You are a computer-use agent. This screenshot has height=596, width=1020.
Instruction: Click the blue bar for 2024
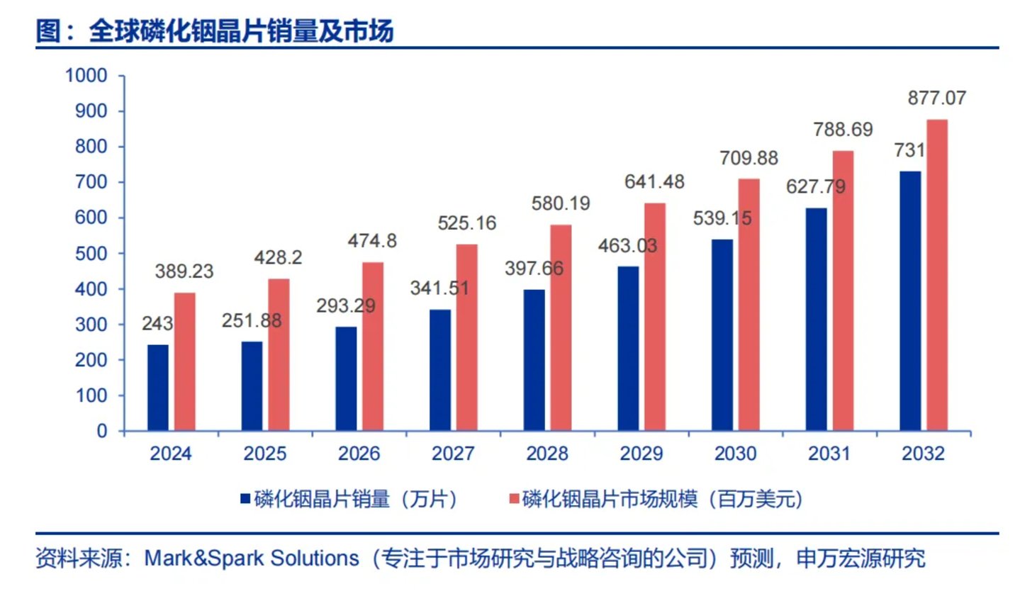(158, 388)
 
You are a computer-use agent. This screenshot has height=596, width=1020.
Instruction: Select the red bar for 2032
(937, 275)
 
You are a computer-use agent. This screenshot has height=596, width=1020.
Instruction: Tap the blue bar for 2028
(534, 360)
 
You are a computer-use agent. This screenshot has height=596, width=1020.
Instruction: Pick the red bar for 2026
(373, 347)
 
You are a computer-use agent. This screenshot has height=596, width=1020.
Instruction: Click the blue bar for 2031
(817, 319)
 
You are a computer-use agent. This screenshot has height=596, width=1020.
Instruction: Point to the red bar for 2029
(655, 317)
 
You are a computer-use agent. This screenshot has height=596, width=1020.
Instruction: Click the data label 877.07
(936, 98)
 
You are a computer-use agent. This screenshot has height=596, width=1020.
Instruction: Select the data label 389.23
(184, 271)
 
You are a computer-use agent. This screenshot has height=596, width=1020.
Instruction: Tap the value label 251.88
(252, 320)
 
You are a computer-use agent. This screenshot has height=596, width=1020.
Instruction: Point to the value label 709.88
(749, 158)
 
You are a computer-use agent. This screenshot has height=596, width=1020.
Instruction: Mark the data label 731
(909, 150)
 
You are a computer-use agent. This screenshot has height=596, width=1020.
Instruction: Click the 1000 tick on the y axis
(86, 76)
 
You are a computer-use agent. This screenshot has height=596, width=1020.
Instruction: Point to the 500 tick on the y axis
(91, 254)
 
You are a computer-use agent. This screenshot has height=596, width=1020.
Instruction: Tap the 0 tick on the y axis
(102, 431)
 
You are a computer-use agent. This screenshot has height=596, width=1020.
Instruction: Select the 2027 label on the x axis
(453, 454)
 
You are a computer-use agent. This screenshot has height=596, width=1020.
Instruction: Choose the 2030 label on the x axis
(735, 454)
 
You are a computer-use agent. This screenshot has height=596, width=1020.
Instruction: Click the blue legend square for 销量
(245, 499)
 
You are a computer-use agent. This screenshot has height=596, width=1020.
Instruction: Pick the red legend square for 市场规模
(514, 499)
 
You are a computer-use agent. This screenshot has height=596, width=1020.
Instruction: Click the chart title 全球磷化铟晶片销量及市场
(241, 31)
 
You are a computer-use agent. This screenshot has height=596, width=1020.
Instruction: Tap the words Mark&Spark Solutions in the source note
(252, 558)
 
